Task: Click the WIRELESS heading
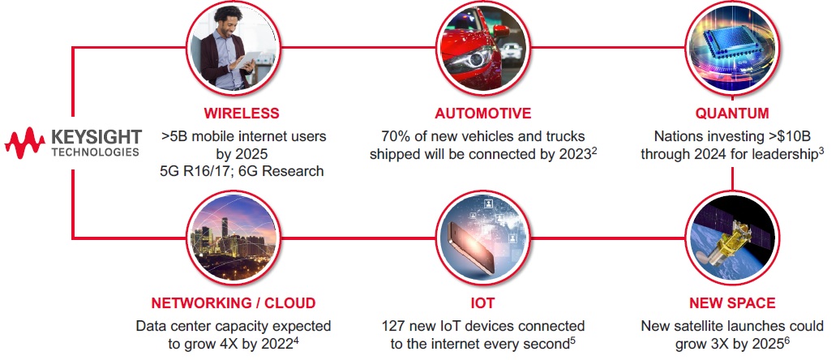click(x=242, y=114)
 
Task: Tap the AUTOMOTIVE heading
click(x=483, y=114)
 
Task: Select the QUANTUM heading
click(x=732, y=114)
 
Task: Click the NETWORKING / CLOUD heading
click(x=233, y=303)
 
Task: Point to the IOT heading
click(x=482, y=303)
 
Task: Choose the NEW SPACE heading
click(x=732, y=303)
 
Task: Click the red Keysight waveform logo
click(x=24, y=144)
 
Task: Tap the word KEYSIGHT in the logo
click(x=96, y=137)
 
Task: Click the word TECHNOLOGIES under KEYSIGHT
click(x=96, y=152)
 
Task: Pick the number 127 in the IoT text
click(x=394, y=326)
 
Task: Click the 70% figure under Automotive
click(x=396, y=136)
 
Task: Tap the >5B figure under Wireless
click(x=174, y=136)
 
